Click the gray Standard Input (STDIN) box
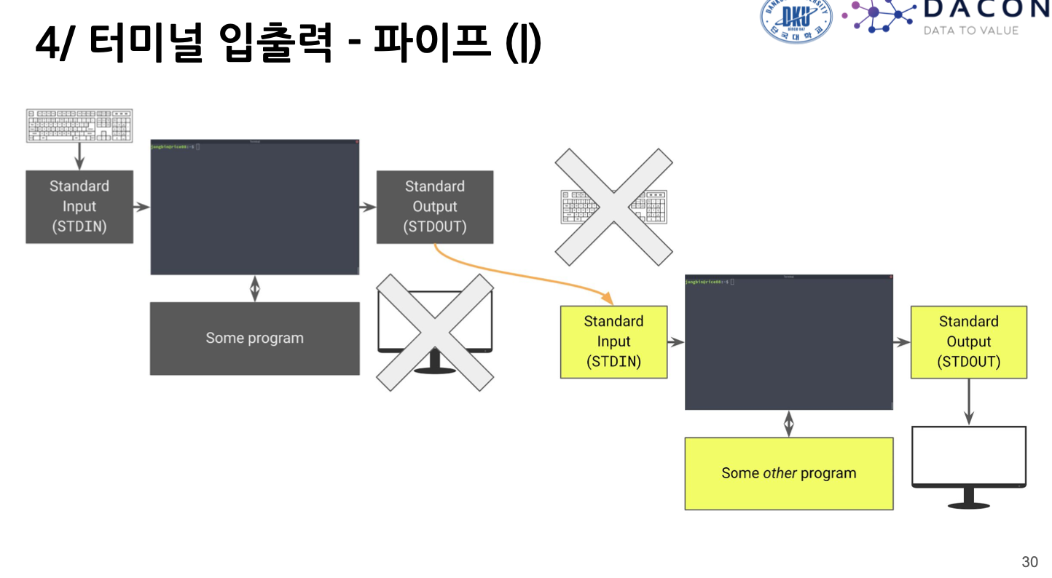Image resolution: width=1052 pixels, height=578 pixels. (79, 207)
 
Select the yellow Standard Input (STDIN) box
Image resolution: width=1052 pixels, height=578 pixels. (613, 341)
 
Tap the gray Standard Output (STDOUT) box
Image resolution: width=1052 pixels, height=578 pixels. (435, 207)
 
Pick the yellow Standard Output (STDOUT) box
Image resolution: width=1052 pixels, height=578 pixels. (968, 341)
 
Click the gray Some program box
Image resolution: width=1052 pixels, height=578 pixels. (254, 339)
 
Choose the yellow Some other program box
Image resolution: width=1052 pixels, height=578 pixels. (788, 473)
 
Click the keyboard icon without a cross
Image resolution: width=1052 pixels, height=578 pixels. (79, 125)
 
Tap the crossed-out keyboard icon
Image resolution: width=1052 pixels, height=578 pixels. (613, 207)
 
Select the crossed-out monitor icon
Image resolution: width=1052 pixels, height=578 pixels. (434, 332)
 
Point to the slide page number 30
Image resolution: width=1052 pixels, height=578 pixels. (1029, 562)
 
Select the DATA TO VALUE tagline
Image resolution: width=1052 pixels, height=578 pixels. (970, 31)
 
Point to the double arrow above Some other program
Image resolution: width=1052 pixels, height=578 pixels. (788, 423)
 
